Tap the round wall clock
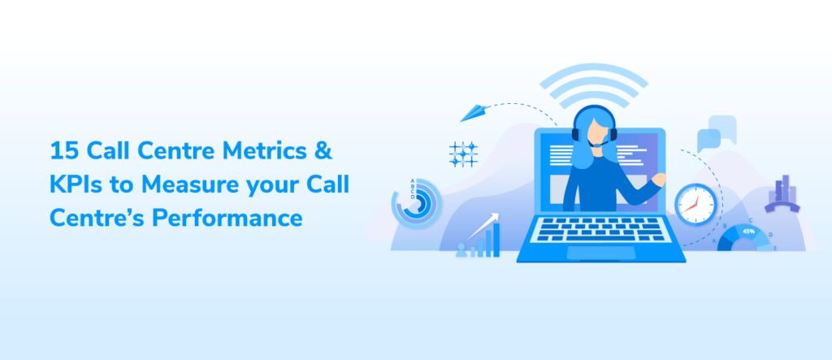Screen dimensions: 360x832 (x=695, y=202)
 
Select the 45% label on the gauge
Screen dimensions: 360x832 (x=747, y=232)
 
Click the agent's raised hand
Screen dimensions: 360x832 (x=658, y=179)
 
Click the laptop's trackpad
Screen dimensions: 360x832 (x=600, y=252)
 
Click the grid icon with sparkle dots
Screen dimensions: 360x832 (x=463, y=154)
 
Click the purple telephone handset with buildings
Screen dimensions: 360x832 (x=782, y=195)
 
